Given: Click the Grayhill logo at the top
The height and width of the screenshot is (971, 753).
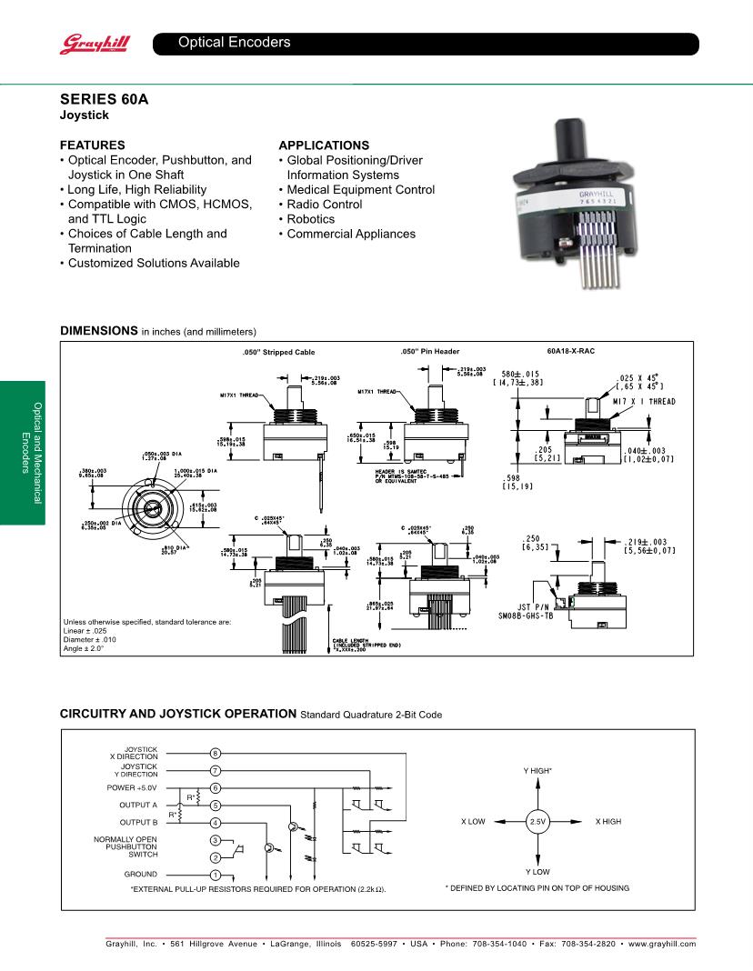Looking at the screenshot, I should (84, 43).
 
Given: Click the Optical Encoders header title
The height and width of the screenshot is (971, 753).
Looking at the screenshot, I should (234, 43).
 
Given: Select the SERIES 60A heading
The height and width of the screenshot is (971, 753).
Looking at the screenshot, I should (104, 99).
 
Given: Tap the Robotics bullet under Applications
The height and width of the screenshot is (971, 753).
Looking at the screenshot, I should (310, 219).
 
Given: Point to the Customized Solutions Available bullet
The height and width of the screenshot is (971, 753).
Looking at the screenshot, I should (154, 263).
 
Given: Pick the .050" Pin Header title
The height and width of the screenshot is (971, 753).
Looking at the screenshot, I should (430, 351).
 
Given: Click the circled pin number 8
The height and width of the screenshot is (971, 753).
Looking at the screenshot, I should (216, 754).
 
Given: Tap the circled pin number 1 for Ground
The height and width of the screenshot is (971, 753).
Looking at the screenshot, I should (216, 875).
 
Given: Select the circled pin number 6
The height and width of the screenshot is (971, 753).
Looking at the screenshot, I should (216, 787).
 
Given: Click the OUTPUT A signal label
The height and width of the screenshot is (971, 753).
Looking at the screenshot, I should (137, 805).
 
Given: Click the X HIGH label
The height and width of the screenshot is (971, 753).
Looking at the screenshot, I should (607, 822).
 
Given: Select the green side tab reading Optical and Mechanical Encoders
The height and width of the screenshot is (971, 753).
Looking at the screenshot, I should (22, 452).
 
